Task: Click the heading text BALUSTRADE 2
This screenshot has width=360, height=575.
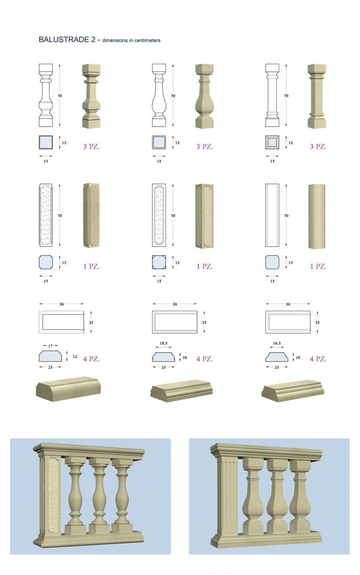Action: click(67, 39)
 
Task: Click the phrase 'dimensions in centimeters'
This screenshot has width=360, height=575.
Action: click(131, 40)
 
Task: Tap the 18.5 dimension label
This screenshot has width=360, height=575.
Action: click(163, 343)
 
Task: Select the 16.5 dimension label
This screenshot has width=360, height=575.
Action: click(277, 343)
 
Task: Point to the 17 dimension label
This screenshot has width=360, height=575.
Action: click(50, 346)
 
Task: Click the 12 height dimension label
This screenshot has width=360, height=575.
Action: click(75, 356)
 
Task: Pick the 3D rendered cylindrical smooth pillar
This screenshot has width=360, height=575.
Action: click(317, 217)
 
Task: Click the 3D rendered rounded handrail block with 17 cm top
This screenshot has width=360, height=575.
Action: click(68, 389)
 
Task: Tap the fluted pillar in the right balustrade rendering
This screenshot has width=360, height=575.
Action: click(228, 495)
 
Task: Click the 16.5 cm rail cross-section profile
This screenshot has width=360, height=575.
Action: click(277, 357)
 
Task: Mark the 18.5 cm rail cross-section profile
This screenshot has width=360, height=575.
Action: click(163, 357)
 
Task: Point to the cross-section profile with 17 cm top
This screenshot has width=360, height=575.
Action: click(50, 356)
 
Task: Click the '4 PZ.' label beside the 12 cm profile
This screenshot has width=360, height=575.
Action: click(91, 358)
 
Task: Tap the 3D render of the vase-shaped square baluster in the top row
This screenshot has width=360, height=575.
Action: click(204, 96)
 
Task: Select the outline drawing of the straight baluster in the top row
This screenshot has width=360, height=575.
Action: click(272, 95)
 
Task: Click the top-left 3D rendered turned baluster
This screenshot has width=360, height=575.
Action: click(91, 96)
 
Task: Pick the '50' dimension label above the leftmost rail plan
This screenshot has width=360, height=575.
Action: click(61, 304)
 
